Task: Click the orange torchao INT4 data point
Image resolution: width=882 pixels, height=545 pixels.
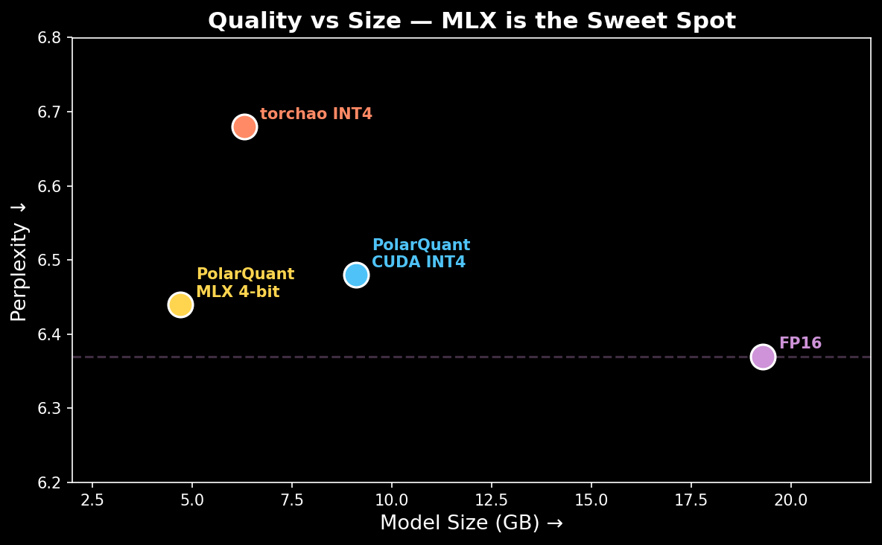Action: tap(244, 127)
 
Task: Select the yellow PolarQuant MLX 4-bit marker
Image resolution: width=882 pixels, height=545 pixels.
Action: tap(180, 305)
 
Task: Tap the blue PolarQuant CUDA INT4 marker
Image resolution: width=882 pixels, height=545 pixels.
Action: tap(356, 275)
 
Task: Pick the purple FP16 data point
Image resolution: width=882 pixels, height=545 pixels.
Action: tap(763, 357)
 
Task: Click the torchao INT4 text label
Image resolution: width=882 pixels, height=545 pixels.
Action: tap(316, 114)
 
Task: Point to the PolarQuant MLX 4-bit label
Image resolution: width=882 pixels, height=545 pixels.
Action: tap(245, 283)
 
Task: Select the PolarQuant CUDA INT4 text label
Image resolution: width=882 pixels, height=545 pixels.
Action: tap(421, 253)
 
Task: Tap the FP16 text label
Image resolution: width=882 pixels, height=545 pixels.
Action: tap(800, 343)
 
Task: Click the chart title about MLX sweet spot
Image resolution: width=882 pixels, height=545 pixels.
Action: tap(472, 21)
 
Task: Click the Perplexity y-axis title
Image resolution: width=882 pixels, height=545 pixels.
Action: tap(19, 261)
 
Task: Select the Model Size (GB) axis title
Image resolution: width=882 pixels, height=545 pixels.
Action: tap(472, 523)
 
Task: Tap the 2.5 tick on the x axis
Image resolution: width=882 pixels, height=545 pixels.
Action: tap(92, 500)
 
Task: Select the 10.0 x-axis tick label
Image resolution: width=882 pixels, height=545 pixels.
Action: tap(391, 500)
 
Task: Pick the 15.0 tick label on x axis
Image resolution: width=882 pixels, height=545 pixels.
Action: tap(591, 500)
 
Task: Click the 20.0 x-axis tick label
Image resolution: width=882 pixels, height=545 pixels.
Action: tap(790, 500)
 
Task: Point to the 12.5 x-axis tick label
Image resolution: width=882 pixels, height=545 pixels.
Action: tap(491, 500)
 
